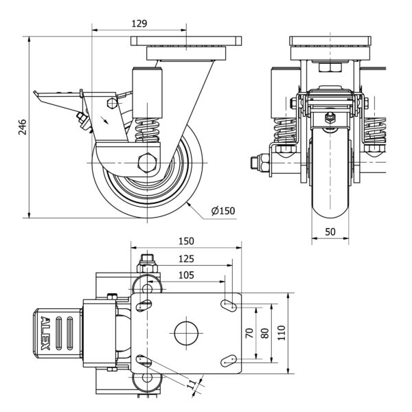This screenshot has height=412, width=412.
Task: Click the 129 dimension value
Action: (x=139, y=23)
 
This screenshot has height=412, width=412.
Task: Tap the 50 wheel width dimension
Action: (x=330, y=233)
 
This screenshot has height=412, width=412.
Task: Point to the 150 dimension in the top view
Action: (x=185, y=241)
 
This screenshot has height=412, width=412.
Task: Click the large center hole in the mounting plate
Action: (x=185, y=332)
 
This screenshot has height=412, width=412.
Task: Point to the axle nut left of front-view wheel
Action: (x=254, y=163)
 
